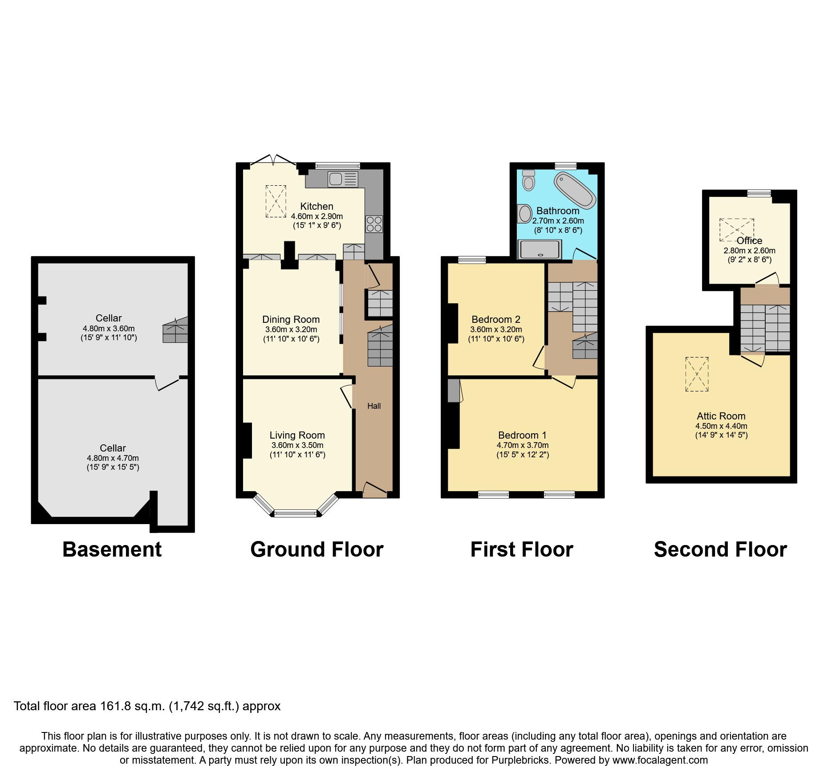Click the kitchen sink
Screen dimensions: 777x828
pyautogui.click(x=342, y=179)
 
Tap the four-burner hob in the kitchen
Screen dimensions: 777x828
pyautogui.click(x=374, y=224)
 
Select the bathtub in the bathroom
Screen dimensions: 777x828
pyautogui.click(x=575, y=191)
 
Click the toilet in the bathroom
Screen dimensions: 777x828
pyautogui.click(x=528, y=180)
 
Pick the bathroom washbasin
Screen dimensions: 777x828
pyautogui.click(x=525, y=213)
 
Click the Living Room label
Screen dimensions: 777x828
pyautogui.click(x=297, y=435)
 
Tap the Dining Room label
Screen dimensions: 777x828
pyautogui.click(x=291, y=319)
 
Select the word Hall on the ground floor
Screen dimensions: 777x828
pyautogui.click(x=374, y=406)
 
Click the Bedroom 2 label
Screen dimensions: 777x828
pyautogui.click(x=496, y=319)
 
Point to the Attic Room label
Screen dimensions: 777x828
pyautogui.click(x=721, y=416)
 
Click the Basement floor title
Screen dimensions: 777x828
pyautogui.click(x=112, y=549)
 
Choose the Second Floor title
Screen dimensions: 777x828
pyautogui.click(x=720, y=549)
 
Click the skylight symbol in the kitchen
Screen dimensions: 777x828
pyautogui.click(x=276, y=201)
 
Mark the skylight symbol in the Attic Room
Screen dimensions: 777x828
pyautogui.click(x=697, y=374)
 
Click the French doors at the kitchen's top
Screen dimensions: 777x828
pyautogui.click(x=273, y=160)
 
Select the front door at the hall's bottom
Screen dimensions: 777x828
pyautogui.click(x=375, y=490)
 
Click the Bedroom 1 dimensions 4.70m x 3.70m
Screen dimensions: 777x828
pyautogui.click(x=523, y=445)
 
